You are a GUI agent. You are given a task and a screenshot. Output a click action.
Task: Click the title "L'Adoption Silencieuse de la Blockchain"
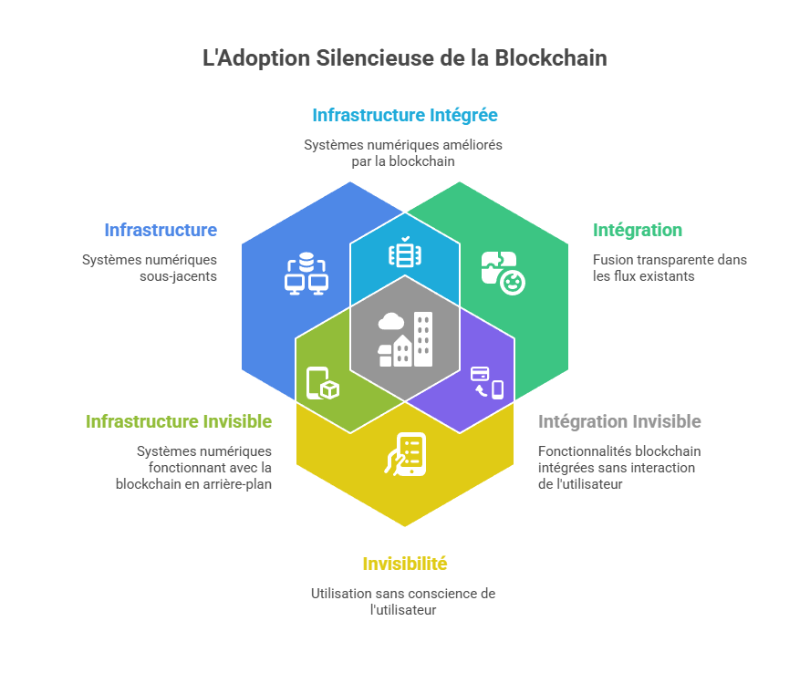pos(404,58)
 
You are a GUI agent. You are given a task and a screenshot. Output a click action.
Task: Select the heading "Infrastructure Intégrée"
pos(404,116)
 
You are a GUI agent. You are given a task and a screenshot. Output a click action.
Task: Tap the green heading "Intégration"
pos(637,230)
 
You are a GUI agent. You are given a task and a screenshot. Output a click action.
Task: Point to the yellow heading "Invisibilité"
pos(404,564)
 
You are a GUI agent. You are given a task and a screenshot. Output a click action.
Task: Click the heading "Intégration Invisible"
pos(619,421)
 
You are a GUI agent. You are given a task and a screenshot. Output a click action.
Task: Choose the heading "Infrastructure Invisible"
pos(179,421)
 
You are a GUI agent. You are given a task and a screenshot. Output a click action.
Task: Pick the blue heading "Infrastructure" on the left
pos(161,230)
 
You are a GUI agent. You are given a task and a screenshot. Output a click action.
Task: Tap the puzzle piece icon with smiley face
pos(503,272)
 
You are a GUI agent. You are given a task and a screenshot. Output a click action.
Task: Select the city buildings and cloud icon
pos(405,338)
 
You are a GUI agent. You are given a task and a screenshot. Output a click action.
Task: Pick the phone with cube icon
pos(323,383)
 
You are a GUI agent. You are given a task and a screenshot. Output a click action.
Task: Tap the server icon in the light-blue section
pos(402,254)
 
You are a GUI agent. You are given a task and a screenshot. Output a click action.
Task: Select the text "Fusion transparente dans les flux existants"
pos(669,268)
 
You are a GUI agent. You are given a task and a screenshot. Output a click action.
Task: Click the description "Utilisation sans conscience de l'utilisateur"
pos(403,601)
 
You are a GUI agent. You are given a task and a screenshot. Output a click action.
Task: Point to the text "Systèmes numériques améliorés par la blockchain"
pos(403,153)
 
